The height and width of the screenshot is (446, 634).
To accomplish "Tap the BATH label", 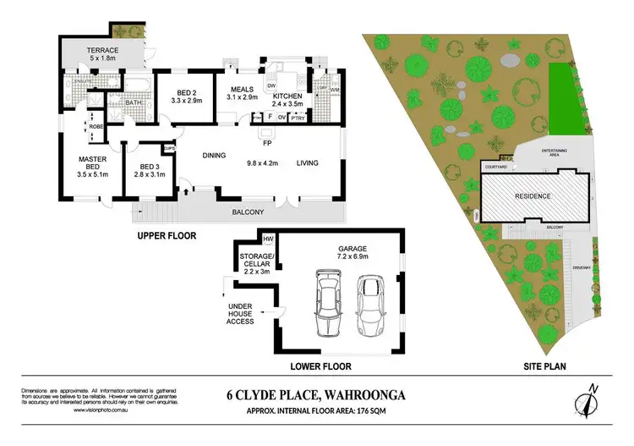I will tap(134, 103).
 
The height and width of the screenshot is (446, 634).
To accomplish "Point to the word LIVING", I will tap(307, 162).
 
